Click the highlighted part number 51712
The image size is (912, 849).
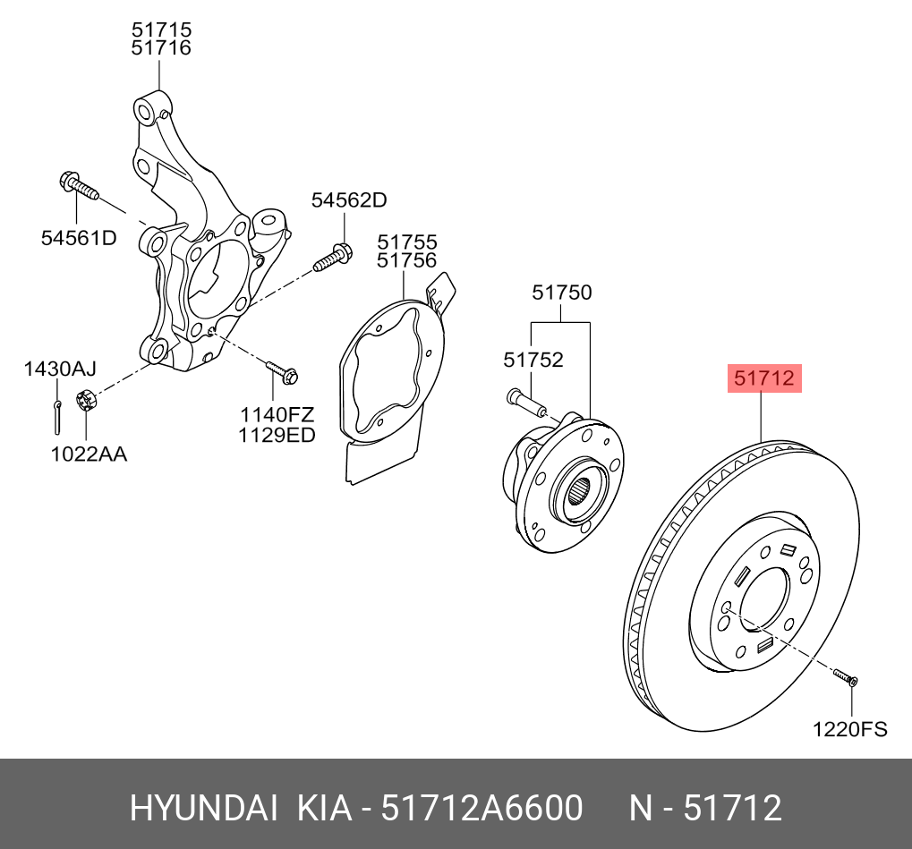click(x=763, y=378)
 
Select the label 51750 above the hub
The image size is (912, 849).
click(x=561, y=292)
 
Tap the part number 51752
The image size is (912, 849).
click(x=533, y=359)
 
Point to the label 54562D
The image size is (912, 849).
click(x=349, y=200)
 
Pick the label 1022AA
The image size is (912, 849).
click(x=88, y=454)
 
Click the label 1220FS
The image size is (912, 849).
click(x=849, y=729)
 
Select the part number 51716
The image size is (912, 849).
click(x=161, y=48)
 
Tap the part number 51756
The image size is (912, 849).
click(x=406, y=260)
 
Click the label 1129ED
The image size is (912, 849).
click(x=277, y=435)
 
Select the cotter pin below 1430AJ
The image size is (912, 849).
click(x=57, y=413)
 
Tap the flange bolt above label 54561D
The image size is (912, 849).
click(x=78, y=186)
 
